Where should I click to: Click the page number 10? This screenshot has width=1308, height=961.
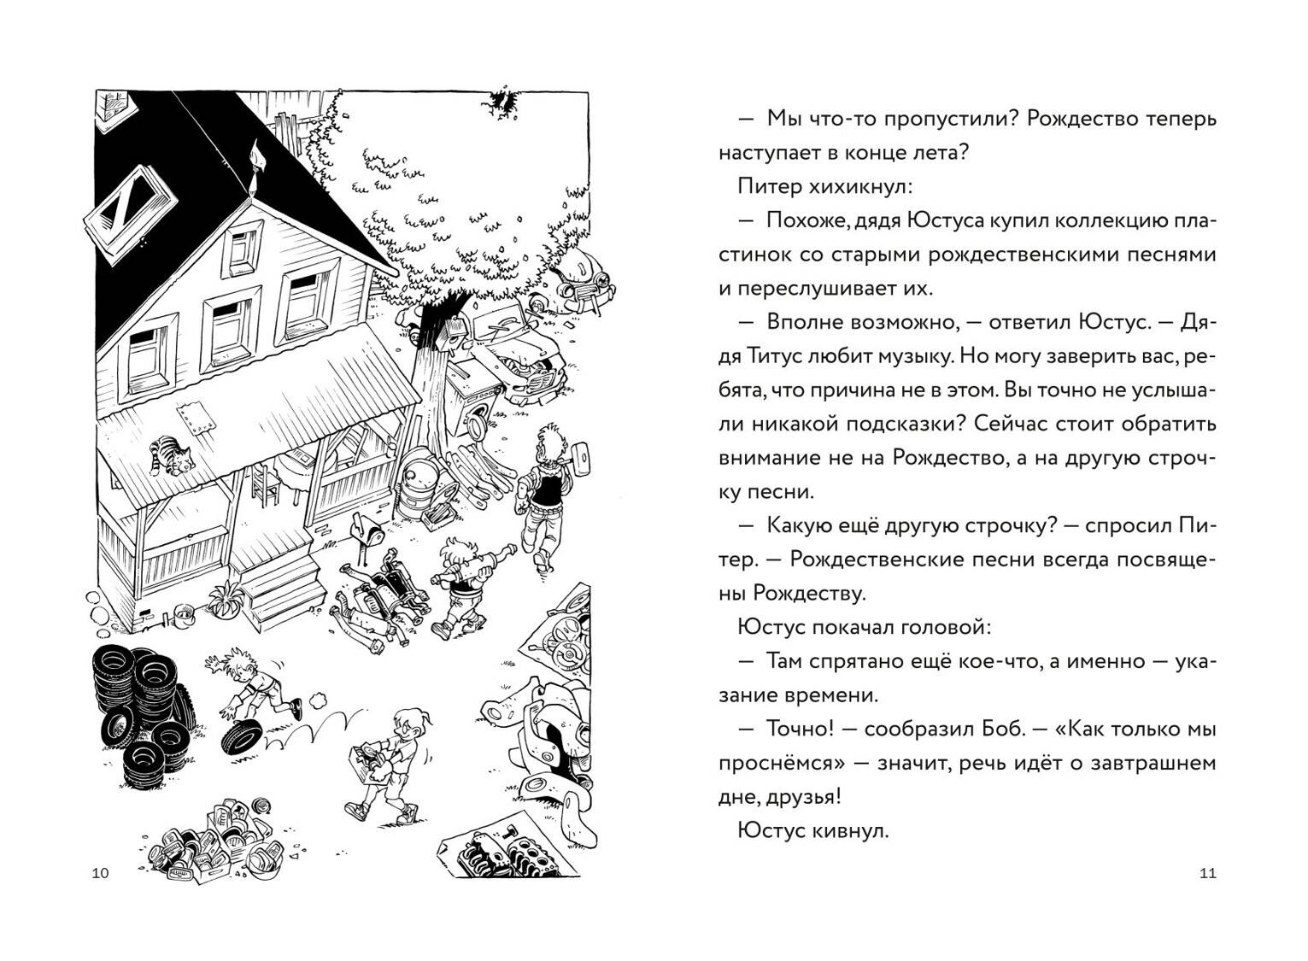(x=100, y=873)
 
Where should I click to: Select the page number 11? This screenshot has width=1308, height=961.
(x=1207, y=873)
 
